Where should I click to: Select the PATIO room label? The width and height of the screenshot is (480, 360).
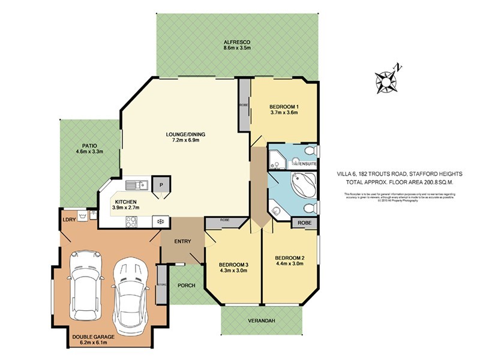(x=89, y=145)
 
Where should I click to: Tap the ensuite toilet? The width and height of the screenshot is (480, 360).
(x=310, y=150)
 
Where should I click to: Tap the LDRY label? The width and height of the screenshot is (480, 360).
(x=69, y=219)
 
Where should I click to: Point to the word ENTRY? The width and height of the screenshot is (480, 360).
(x=182, y=241)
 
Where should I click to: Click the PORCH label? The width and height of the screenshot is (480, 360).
(x=186, y=285)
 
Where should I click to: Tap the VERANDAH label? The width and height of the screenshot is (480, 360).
(x=262, y=322)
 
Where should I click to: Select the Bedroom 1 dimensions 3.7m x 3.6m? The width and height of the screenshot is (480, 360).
(x=284, y=113)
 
